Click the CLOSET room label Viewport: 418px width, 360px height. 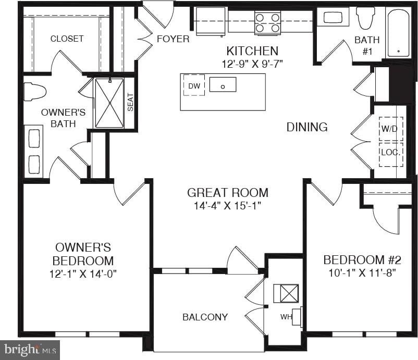click(x=67, y=39)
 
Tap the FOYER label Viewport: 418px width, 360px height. click(x=173, y=39)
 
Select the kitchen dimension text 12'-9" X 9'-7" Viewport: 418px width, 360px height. click(x=252, y=64)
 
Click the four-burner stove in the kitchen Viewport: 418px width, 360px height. click(x=267, y=23)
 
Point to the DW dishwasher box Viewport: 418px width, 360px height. click(x=194, y=85)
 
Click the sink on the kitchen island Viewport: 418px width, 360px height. click(x=223, y=84)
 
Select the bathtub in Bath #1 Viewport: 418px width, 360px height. click(x=398, y=33)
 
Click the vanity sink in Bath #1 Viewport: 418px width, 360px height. click(x=333, y=17)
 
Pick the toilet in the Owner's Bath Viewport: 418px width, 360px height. click(x=34, y=92)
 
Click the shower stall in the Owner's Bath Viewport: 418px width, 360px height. click(x=109, y=103)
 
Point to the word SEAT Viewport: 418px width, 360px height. click(x=130, y=102)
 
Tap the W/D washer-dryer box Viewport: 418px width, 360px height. click(x=391, y=129)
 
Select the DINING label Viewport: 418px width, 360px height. click(x=307, y=127)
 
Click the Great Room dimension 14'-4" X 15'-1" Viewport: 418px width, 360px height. click(x=227, y=205)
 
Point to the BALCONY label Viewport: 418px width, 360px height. click(x=205, y=317)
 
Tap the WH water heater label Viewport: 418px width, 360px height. click(x=286, y=317)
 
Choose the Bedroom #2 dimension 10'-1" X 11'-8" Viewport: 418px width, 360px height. click(x=362, y=272)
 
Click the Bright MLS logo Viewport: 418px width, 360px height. click(x=30, y=350)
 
